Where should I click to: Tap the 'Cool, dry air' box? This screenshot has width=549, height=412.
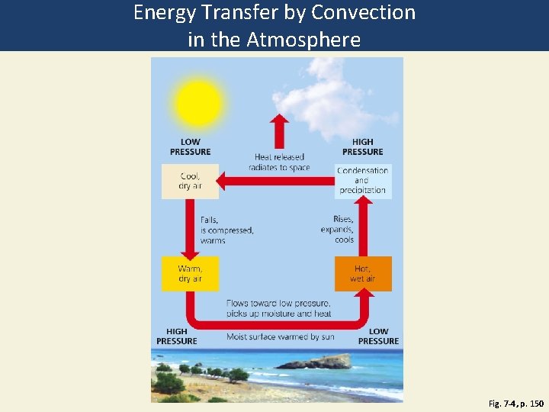(190, 182)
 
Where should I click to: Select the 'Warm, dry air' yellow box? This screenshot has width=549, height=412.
(190, 274)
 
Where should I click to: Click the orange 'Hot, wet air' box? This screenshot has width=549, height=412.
(363, 274)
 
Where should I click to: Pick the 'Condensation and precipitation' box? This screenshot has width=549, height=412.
(363, 181)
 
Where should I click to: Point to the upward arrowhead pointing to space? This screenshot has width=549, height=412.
(280, 121)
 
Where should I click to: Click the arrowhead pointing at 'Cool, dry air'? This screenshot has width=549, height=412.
(222, 182)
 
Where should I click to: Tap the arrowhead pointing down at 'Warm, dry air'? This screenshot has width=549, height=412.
(190, 253)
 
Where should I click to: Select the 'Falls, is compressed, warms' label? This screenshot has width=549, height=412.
(226, 230)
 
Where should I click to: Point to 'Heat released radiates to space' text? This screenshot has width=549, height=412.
(279, 163)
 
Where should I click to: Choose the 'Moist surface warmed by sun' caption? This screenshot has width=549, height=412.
(281, 336)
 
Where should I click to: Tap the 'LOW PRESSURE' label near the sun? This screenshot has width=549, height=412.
(190, 146)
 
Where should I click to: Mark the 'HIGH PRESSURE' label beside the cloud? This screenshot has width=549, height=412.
(363, 146)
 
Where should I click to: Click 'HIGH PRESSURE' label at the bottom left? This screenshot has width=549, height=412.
(177, 336)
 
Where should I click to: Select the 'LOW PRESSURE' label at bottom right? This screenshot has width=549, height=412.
(378, 336)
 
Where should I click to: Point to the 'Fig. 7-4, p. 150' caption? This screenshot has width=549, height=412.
(516, 402)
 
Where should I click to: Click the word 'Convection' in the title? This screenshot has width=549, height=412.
(364, 13)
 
